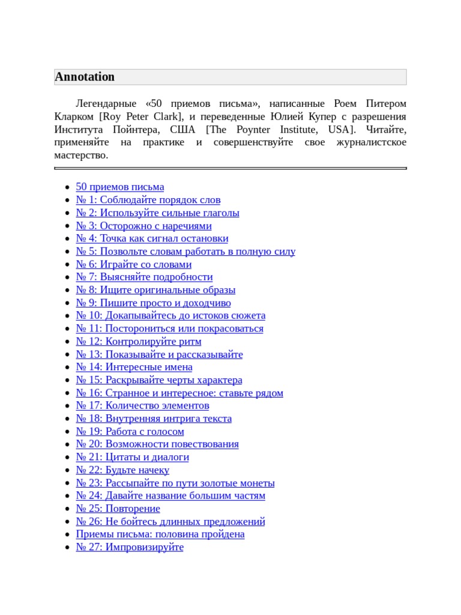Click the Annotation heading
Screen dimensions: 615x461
point(85,77)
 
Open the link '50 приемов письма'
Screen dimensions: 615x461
point(120,187)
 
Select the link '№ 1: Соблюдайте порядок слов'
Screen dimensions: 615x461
point(148,199)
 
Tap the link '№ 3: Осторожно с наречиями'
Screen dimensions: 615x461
point(143,226)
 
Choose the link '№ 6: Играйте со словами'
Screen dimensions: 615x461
point(134,264)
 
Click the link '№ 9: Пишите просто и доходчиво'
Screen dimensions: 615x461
point(153,303)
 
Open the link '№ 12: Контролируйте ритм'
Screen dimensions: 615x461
point(139,341)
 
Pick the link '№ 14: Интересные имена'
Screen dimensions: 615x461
point(134,367)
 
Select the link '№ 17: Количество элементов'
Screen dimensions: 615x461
point(142,405)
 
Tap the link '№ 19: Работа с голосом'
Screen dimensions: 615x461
point(130,431)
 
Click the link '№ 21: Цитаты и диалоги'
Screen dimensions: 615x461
point(132,457)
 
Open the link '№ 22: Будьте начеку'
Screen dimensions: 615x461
point(122,470)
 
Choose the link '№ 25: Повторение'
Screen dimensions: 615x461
point(118,509)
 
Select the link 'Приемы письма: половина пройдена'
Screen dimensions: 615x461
point(160,534)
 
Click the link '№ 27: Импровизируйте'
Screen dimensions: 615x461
point(130,547)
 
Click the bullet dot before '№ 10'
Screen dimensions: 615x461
point(67,316)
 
